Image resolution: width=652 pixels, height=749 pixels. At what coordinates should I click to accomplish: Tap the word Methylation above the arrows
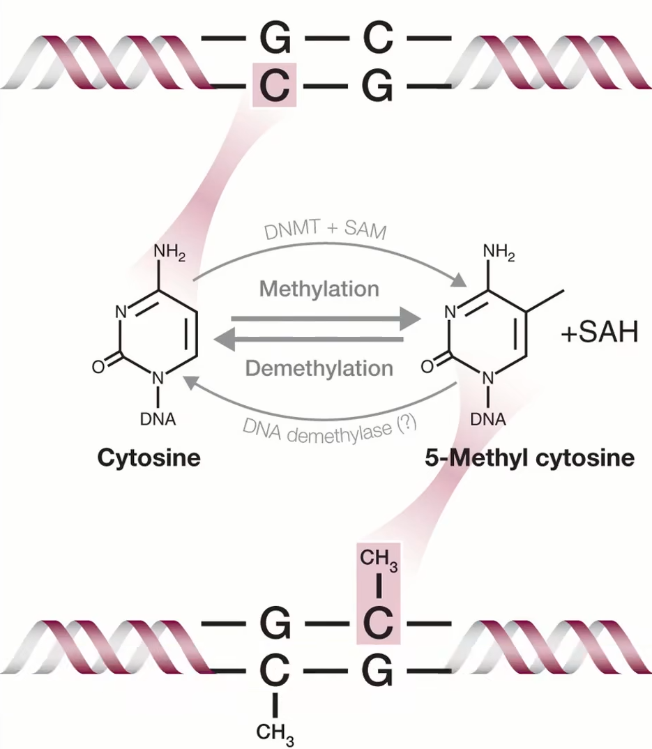pos(319,288)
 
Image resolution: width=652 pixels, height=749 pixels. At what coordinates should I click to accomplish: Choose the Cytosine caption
pos(149,458)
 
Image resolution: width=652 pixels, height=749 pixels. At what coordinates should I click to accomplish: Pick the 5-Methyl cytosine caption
pos(529,458)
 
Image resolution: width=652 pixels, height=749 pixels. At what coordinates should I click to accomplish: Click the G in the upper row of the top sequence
pos(275,39)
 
